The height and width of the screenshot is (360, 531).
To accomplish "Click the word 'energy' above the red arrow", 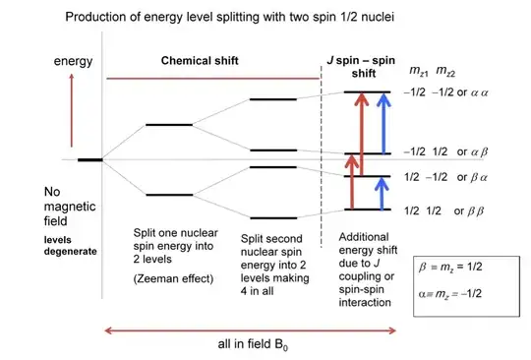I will (75, 62).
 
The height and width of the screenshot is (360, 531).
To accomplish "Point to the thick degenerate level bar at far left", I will (90, 159).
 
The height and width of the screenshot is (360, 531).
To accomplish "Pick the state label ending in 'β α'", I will (442, 178).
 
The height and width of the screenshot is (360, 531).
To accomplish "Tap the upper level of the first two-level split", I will (169, 125).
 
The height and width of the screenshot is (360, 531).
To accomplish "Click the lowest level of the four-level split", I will (272, 216).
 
